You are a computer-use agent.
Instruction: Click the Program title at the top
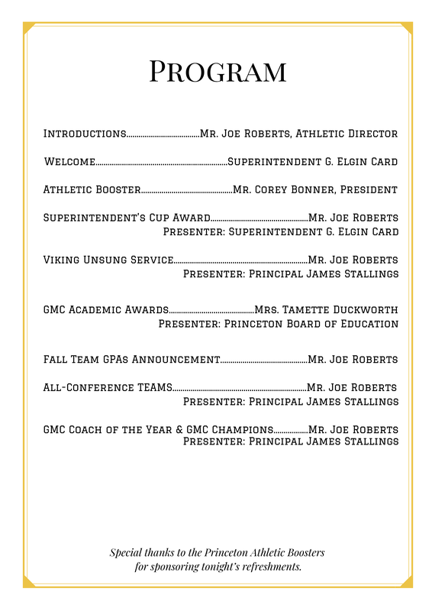point(218,70)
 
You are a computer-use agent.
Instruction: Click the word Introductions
point(85,134)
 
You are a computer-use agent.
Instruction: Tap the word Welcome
point(69,162)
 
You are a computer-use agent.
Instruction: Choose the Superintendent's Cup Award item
point(126,218)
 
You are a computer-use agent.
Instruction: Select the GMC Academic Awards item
point(105,310)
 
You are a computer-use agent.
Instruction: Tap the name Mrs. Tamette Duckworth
point(326,310)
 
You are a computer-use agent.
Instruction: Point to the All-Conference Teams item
point(108,387)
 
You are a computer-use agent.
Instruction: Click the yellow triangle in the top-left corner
point(27,27)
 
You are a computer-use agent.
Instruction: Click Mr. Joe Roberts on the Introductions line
point(244,134)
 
